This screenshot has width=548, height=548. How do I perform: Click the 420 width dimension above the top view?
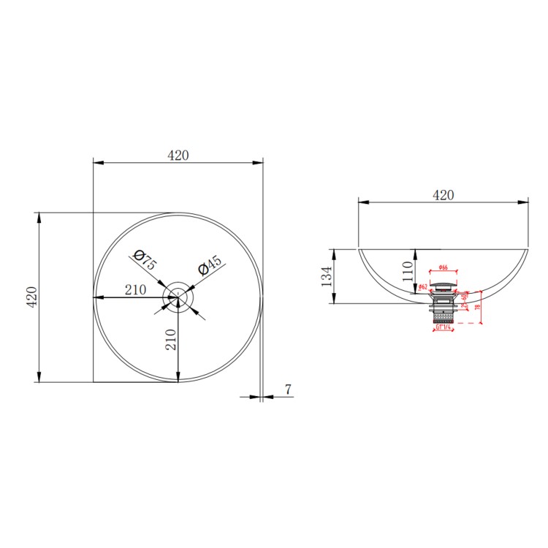pos(178,155)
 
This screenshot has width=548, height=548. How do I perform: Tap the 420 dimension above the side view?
pos(443,194)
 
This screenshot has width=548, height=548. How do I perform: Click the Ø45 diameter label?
pos(210,265)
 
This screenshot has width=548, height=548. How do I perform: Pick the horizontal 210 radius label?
pos(135,289)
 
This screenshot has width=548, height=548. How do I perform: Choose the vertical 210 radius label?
pos(171,340)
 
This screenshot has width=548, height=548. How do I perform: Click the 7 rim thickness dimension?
pos(288,390)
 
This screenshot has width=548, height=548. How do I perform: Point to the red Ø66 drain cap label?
pos(443,268)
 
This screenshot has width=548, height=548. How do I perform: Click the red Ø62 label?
pos(423,287)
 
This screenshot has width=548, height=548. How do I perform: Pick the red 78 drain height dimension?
pos(477,307)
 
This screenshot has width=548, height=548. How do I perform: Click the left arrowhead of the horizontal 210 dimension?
pos(97,297)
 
